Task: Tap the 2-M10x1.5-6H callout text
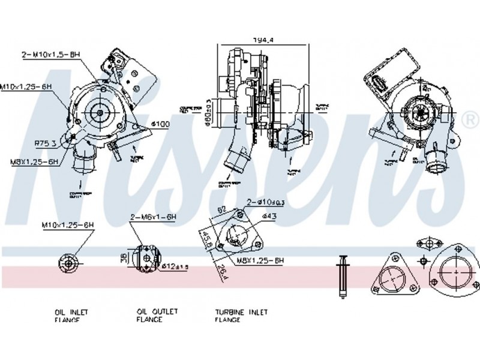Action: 51,55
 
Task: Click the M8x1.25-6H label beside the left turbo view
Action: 34,161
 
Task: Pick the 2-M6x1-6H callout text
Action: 152,217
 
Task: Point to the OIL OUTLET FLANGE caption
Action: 157,316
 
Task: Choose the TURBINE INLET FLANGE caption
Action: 242,316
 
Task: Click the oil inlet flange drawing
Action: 68,262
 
